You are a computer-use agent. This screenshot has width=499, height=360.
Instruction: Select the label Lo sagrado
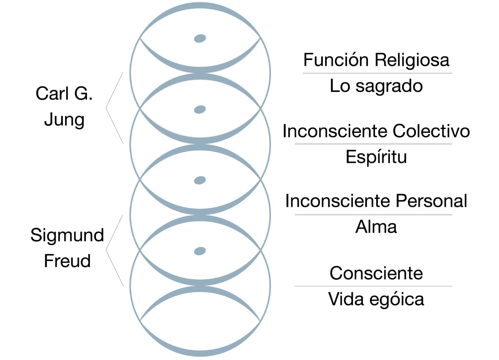[x=376, y=86]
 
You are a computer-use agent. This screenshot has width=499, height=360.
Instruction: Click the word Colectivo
[x=431, y=131]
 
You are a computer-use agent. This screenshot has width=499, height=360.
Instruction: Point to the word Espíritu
[x=376, y=157]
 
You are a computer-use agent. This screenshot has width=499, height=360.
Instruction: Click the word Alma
[x=376, y=227]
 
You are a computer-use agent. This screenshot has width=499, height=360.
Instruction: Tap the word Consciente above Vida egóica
[x=376, y=273]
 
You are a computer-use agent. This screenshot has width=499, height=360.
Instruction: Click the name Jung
[x=64, y=119]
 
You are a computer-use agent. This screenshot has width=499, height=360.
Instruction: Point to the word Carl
[x=50, y=94]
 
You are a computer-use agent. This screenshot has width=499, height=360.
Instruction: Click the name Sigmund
[x=67, y=235]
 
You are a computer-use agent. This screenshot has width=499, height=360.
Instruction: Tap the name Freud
[x=67, y=260]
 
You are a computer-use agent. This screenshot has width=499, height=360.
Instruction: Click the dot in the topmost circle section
[x=200, y=38]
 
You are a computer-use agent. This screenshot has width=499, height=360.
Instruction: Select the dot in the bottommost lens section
[x=200, y=251]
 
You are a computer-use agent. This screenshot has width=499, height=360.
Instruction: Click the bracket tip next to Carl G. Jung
[x=106, y=108]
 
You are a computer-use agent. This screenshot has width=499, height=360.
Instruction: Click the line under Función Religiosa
[x=377, y=73]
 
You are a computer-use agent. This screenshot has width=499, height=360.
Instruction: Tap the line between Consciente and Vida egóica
[x=373, y=286]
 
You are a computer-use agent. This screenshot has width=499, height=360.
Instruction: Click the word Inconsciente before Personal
[x=338, y=201]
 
